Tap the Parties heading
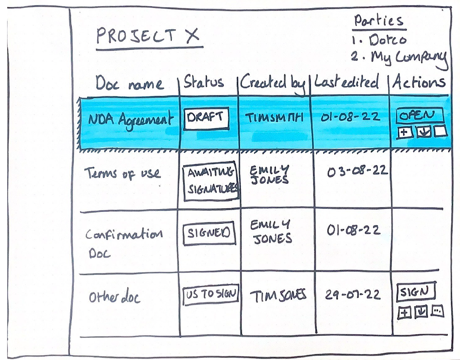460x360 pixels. (379, 20)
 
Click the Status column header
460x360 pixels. (204, 82)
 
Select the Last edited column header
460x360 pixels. (346, 82)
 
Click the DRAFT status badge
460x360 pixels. (206, 118)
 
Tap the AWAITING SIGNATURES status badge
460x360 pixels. (211, 180)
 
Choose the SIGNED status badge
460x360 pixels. (209, 233)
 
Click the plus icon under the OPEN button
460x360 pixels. (405, 132)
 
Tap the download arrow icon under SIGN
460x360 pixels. (422, 312)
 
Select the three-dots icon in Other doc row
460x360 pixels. (438, 311)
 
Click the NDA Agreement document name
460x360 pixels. (130, 120)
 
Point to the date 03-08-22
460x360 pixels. (357, 171)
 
